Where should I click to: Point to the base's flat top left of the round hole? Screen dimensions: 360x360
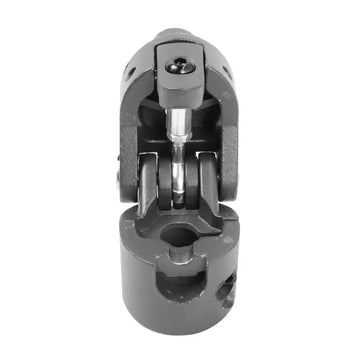click(140, 236)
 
